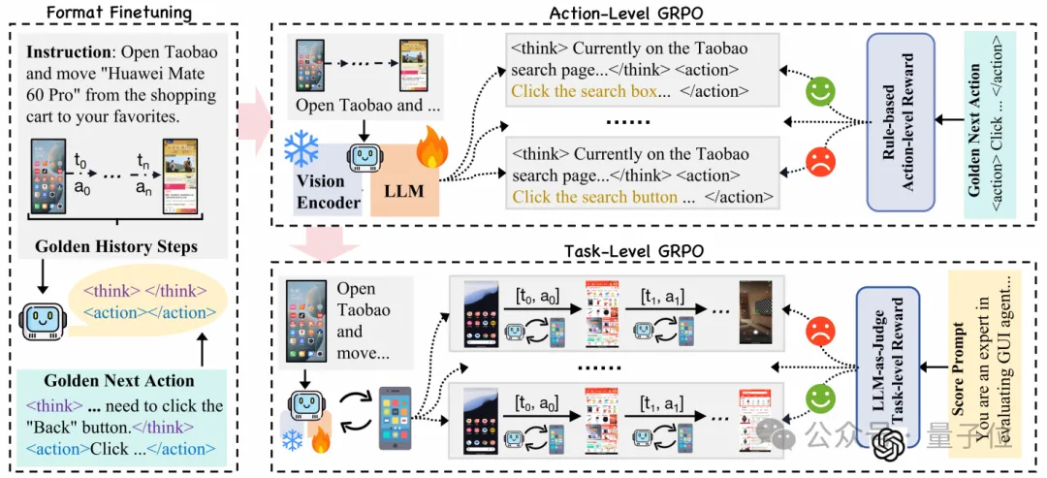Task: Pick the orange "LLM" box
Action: click(x=404, y=190)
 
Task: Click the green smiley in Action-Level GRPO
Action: click(x=820, y=93)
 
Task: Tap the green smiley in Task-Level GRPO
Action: click(x=820, y=398)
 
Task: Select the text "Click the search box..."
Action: click(x=590, y=92)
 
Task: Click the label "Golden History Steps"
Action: click(x=116, y=246)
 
